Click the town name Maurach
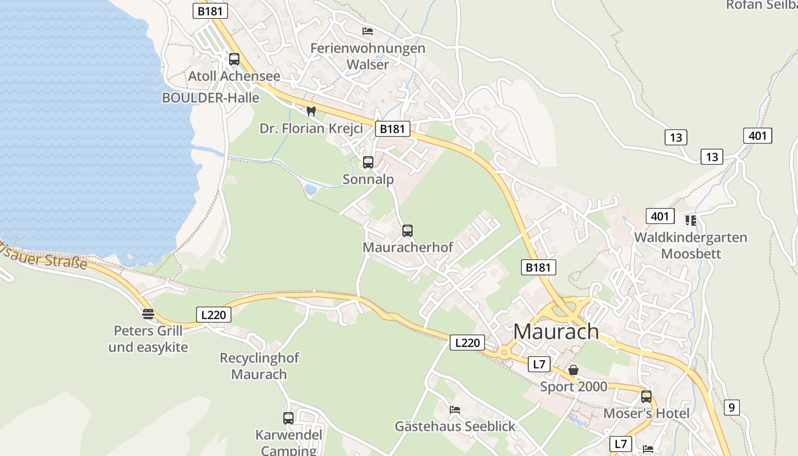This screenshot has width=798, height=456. pyautogui.click(x=556, y=331)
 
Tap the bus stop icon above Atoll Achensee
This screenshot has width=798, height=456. pyautogui.click(x=234, y=59)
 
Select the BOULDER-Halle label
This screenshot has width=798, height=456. pyautogui.click(x=210, y=97)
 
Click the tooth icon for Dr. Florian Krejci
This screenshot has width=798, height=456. pyautogui.click(x=311, y=111)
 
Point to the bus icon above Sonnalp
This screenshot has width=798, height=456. pyautogui.click(x=368, y=162)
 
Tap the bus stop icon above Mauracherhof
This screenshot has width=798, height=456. pyautogui.click(x=408, y=231)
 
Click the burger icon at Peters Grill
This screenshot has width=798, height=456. pyautogui.click(x=148, y=313)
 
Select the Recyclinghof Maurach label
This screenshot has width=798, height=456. pyautogui.click(x=259, y=366)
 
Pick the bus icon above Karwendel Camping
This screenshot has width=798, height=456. pyautogui.click(x=288, y=418)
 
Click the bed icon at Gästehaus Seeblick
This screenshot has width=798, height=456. pyautogui.click(x=454, y=409)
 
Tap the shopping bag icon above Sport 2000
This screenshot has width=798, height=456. pyautogui.click(x=573, y=370)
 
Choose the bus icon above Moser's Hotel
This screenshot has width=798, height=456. pyautogui.click(x=646, y=397)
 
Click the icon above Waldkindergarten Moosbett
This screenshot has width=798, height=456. pyautogui.click(x=691, y=220)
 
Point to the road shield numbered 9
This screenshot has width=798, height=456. pyautogui.click(x=732, y=407)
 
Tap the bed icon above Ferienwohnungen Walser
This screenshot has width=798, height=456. pyautogui.click(x=368, y=31)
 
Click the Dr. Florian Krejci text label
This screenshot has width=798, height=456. pyautogui.click(x=311, y=128)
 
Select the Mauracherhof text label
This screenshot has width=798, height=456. pyautogui.click(x=408, y=247)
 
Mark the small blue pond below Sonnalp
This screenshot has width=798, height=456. pyautogui.click(x=311, y=189)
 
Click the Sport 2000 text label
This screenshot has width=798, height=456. pyautogui.click(x=573, y=387)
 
